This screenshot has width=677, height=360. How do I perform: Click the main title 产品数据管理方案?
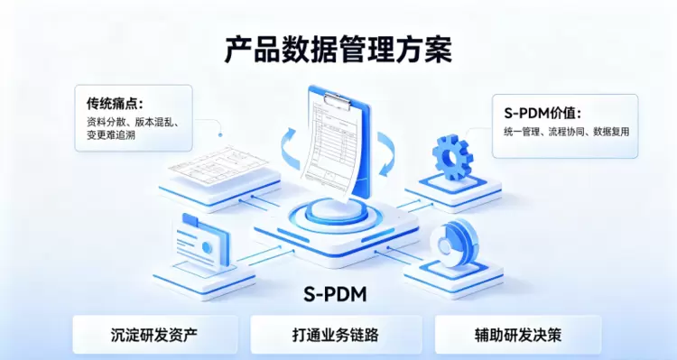(x=338, y=51)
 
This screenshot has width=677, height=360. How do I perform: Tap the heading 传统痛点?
(x=115, y=104)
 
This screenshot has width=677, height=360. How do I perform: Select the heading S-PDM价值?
(x=543, y=114)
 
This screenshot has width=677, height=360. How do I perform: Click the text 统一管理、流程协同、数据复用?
(x=567, y=132)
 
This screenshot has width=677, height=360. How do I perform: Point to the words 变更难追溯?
(x=111, y=134)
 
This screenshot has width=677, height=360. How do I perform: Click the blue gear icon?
(x=452, y=157)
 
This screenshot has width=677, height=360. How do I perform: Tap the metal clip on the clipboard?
(x=338, y=100)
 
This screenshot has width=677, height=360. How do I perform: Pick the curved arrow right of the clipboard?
(x=386, y=154)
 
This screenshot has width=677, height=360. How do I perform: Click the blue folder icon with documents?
(x=202, y=242)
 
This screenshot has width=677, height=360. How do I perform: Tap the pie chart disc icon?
(x=454, y=242)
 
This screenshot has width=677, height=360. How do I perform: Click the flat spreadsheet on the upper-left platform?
(x=218, y=166)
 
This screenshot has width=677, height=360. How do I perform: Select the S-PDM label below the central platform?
(x=335, y=294)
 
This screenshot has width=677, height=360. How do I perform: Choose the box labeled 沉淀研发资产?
(x=154, y=335)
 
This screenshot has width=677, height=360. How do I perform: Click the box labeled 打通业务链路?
(x=336, y=335)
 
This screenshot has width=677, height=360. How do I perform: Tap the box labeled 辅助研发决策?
(x=518, y=335)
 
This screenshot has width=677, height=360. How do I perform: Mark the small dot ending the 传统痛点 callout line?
(x=220, y=135)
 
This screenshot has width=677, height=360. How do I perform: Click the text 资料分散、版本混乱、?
(x=133, y=122)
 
